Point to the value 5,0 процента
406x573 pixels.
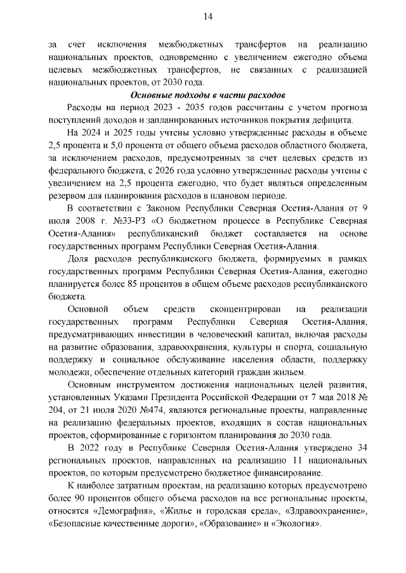(122, 148)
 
